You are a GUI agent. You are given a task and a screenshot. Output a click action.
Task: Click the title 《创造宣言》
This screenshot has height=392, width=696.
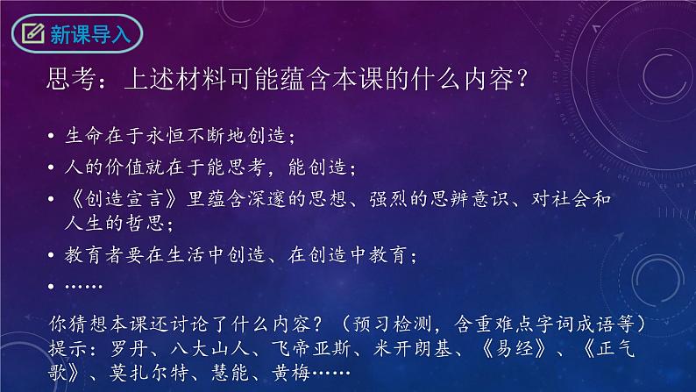[x=123, y=198]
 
